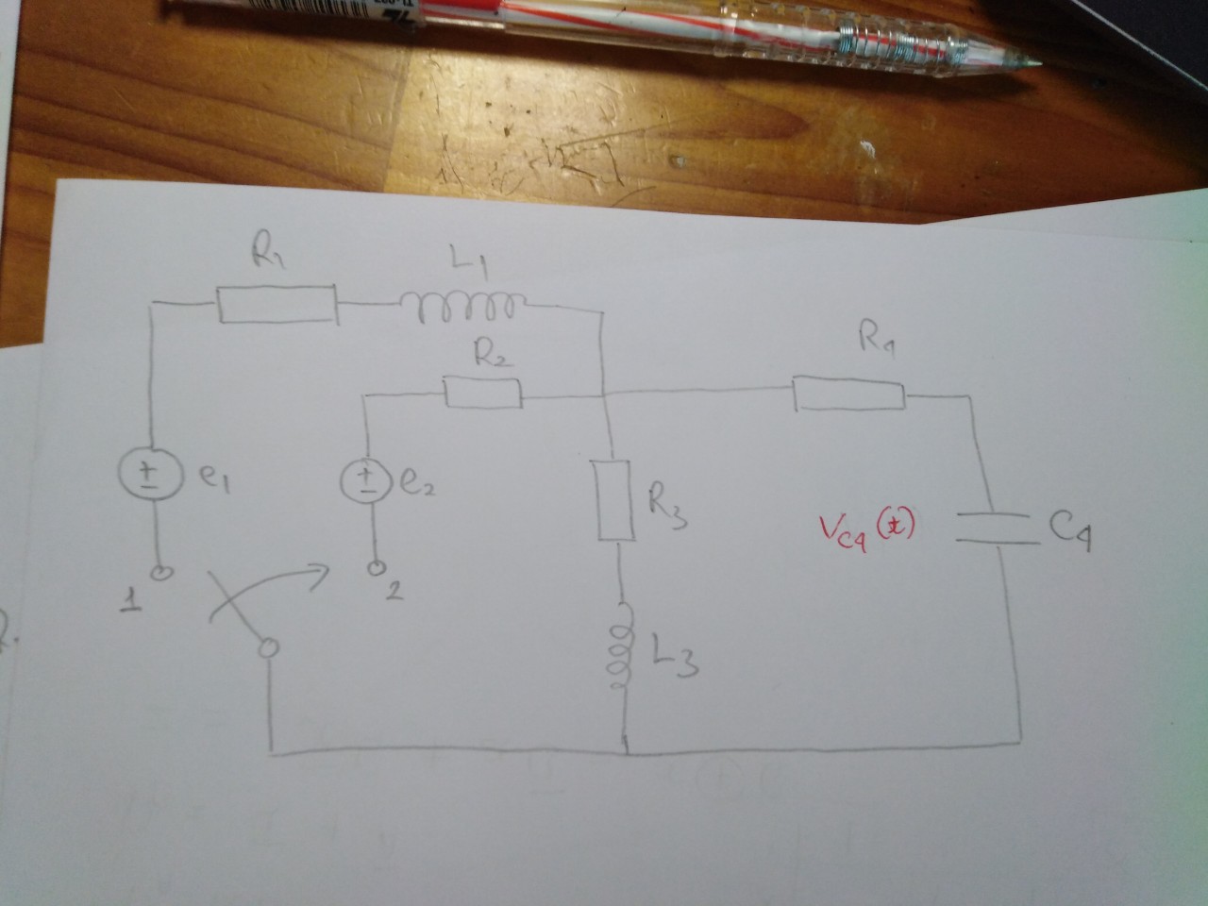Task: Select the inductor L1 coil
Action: (457, 303)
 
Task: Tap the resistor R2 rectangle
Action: (482, 394)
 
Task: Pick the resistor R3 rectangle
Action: (613, 500)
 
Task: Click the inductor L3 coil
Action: (620, 656)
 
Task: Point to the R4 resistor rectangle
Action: (849, 394)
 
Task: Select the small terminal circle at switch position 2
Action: (377, 569)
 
